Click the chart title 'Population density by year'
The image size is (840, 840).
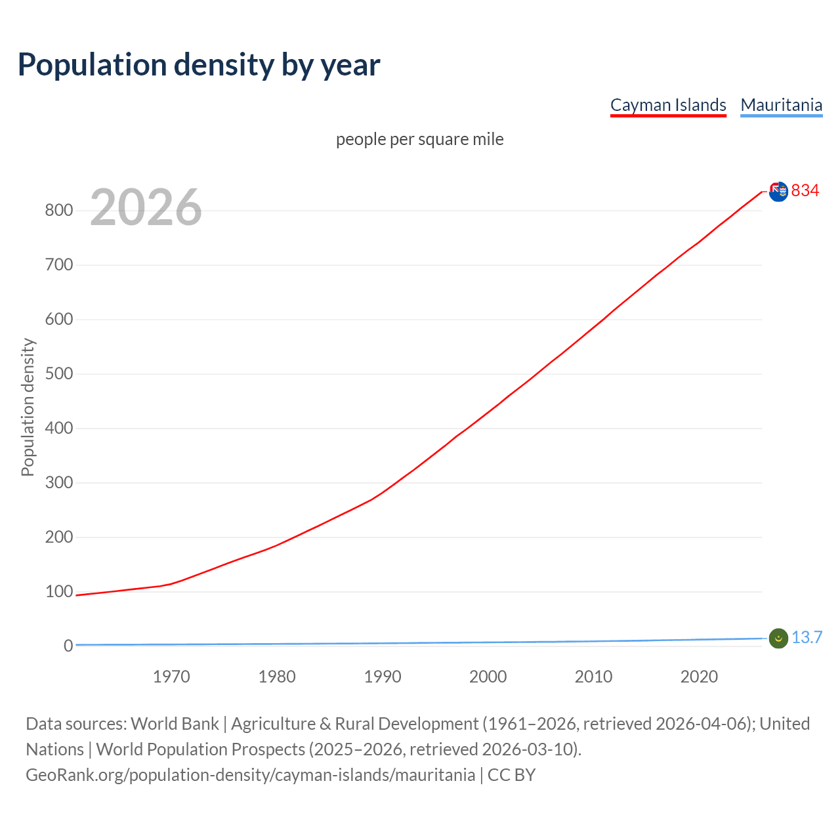coord(199,64)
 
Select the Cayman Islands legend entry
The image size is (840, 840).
coord(668,105)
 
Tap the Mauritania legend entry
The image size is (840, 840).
coord(781,105)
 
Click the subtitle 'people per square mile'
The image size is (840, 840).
coord(420,139)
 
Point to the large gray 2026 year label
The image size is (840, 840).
coord(146,207)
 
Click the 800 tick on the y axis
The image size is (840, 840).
coord(58,211)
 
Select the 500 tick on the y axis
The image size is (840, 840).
coord(58,374)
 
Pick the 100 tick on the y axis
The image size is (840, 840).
coord(58,592)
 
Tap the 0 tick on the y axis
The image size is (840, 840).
coord(68,646)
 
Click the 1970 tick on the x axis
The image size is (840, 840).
coord(171,677)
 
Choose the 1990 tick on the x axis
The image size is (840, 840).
coord(383,677)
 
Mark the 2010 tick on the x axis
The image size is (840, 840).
coord(593,677)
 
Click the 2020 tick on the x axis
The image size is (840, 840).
coord(699,677)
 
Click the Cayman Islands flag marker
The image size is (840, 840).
coord(778,192)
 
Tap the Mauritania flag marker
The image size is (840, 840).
coord(778,638)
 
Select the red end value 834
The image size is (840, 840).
coord(805,190)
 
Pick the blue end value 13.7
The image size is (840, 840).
coord(807,637)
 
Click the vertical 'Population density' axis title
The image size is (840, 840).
coord(28,407)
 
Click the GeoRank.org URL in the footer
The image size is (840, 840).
coord(250,775)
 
